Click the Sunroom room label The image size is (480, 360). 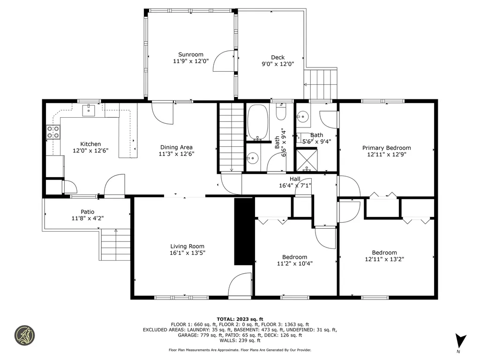191,54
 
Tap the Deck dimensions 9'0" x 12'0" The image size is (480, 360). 277,64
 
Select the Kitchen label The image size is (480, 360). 90,144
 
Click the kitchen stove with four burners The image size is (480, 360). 53,132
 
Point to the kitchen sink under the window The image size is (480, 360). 89,110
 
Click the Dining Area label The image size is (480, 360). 176,147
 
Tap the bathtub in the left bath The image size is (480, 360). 258,122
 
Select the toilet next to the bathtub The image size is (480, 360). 281,112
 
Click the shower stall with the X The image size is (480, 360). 307,160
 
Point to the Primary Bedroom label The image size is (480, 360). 387,148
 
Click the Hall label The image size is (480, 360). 295,179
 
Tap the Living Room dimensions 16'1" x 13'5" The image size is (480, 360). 187,253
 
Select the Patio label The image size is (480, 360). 88,212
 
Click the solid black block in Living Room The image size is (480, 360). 244,232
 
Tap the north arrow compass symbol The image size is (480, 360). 460,341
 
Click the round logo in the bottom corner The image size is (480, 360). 25,336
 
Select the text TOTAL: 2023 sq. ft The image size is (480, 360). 240,319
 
